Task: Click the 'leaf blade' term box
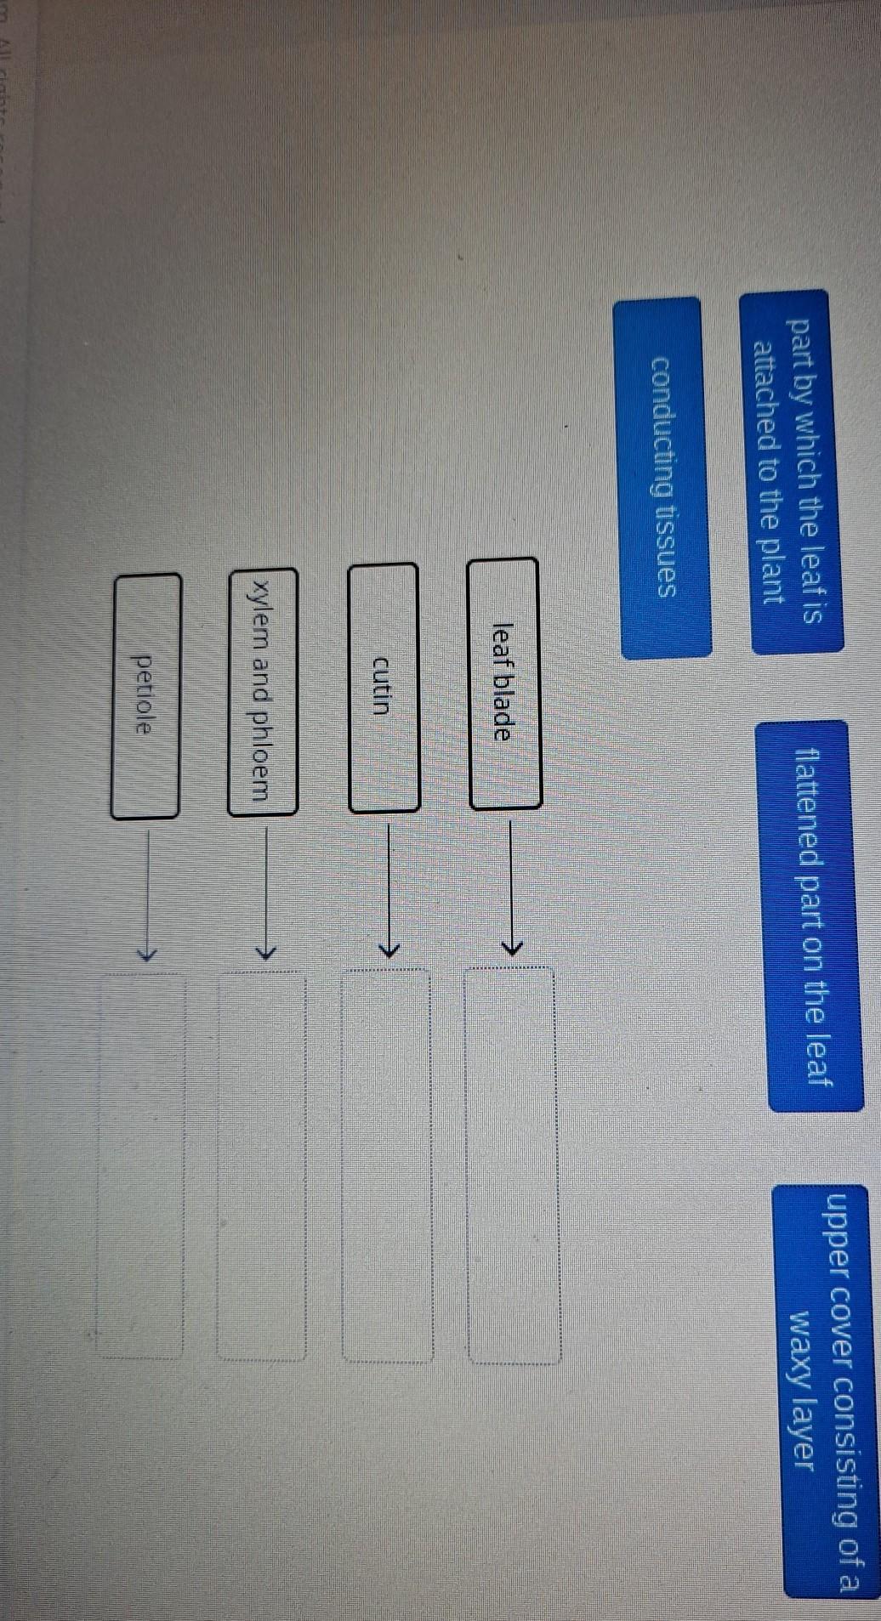click(504, 683)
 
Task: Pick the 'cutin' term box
click(384, 687)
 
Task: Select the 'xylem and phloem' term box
click(262, 691)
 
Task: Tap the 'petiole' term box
click(145, 695)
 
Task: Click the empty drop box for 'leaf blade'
click(512, 1165)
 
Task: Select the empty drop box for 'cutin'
click(388, 1165)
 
